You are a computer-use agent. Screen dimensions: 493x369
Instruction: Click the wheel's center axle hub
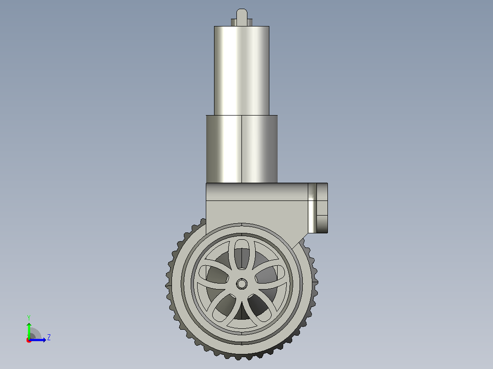click(x=241, y=284)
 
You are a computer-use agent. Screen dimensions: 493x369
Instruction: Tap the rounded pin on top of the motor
click(x=241, y=17)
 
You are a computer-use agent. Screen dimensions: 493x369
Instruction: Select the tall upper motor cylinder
click(x=241, y=71)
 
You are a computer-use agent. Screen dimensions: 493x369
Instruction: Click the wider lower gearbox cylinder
click(x=242, y=149)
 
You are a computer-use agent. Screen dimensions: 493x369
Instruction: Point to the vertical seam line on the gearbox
click(x=241, y=149)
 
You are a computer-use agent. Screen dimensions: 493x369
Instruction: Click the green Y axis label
click(x=29, y=318)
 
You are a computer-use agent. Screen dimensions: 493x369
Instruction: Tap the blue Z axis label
click(x=49, y=337)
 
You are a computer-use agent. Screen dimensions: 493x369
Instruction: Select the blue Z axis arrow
click(x=38, y=340)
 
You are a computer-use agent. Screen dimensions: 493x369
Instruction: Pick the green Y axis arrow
click(x=29, y=331)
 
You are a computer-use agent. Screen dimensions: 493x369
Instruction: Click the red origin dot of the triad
click(x=29, y=340)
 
